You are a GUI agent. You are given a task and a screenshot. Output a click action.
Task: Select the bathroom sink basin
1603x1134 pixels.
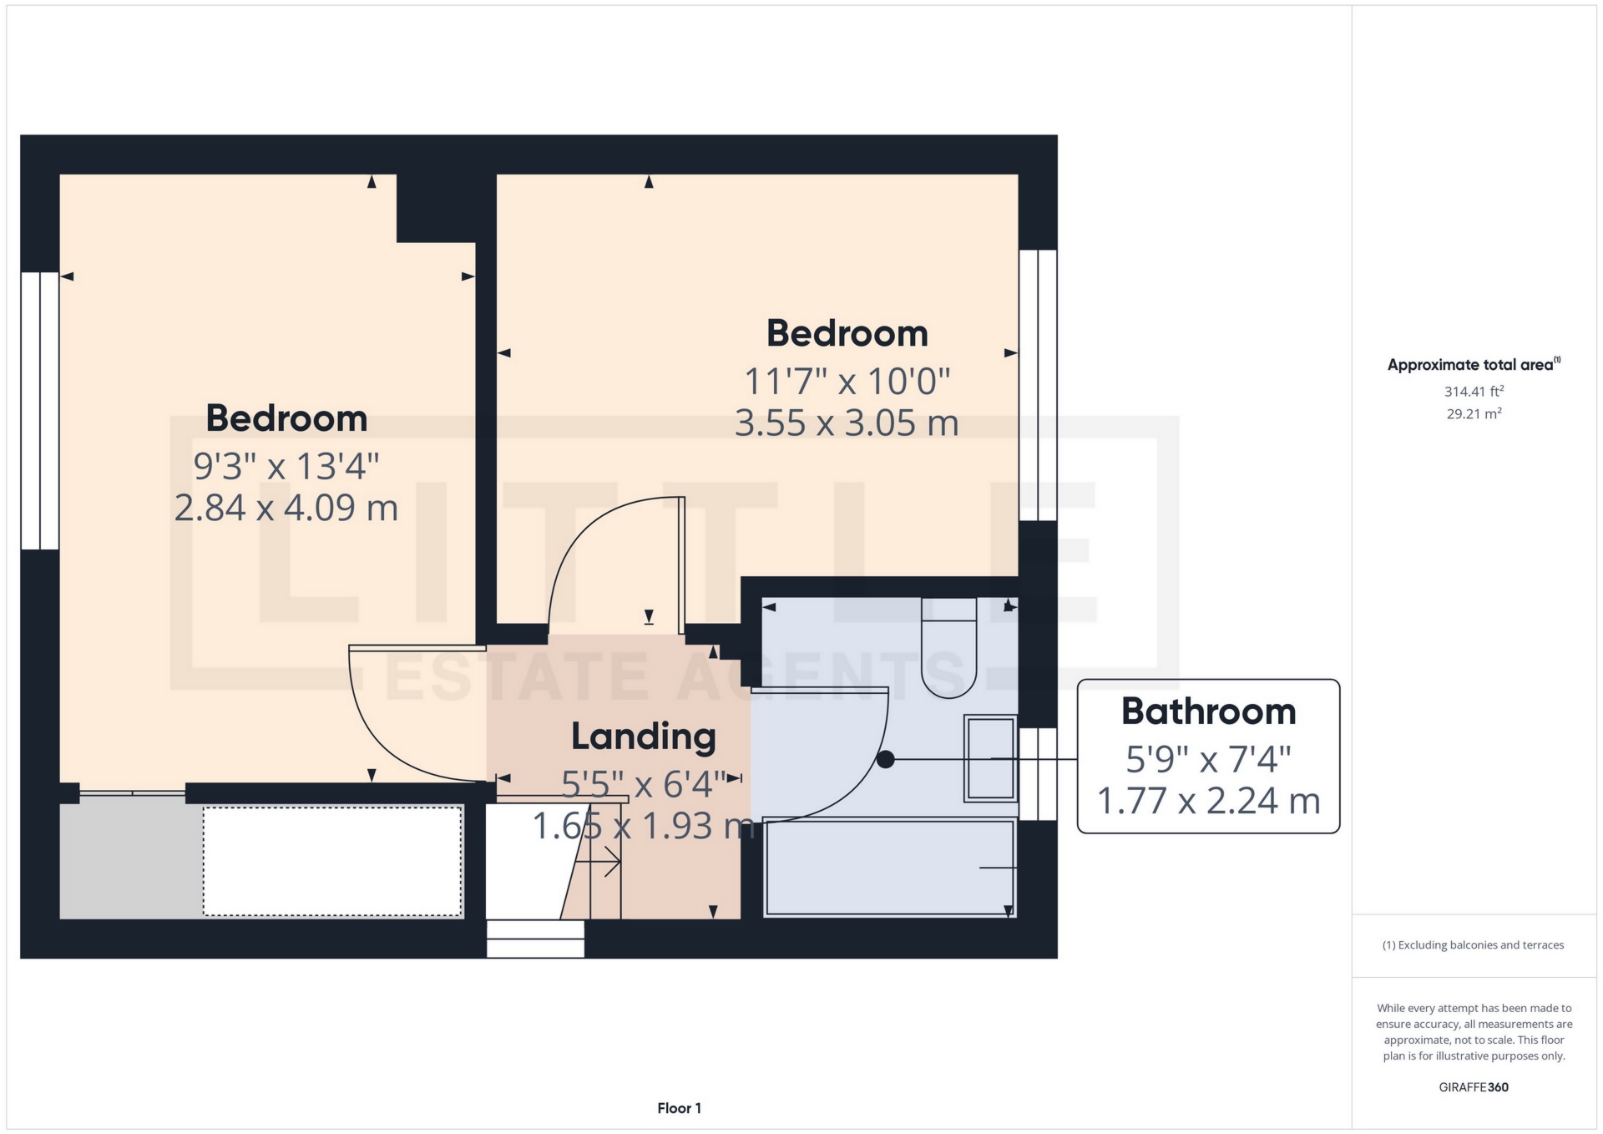pyautogui.click(x=990, y=758)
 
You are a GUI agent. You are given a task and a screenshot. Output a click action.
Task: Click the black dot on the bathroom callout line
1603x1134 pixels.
pyautogui.click(x=886, y=759)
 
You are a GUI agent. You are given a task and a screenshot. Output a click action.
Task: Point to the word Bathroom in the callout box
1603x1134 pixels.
pyautogui.click(x=1208, y=711)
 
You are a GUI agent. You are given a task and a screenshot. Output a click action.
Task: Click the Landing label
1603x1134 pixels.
pyautogui.click(x=643, y=737)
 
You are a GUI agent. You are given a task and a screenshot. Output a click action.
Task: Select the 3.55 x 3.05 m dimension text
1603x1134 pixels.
pyautogui.click(x=846, y=423)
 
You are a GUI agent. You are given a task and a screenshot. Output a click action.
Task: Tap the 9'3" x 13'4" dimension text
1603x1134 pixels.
pyautogui.click(x=286, y=466)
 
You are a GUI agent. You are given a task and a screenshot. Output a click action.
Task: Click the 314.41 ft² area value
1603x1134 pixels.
pyautogui.click(x=1474, y=391)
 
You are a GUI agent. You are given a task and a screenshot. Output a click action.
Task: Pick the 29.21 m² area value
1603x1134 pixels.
pyautogui.click(x=1474, y=413)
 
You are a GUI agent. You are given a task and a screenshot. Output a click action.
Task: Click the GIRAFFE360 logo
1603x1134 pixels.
pyautogui.click(x=1474, y=1087)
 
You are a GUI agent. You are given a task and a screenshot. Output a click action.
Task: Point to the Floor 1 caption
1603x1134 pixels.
pyautogui.click(x=679, y=1108)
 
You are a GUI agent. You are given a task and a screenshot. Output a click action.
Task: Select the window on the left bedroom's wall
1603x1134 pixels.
pyautogui.click(x=39, y=410)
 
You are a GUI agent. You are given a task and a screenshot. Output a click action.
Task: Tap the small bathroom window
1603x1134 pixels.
pyautogui.click(x=1038, y=773)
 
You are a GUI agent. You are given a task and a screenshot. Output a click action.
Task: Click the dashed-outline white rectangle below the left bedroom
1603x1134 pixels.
pyautogui.click(x=332, y=860)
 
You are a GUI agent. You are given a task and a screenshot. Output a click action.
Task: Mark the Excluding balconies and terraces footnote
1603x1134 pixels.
pyautogui.click(x=1473, y=945)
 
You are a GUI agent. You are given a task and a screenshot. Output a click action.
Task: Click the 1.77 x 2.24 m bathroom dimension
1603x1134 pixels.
pyautogui.click(x=1208, y=802)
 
